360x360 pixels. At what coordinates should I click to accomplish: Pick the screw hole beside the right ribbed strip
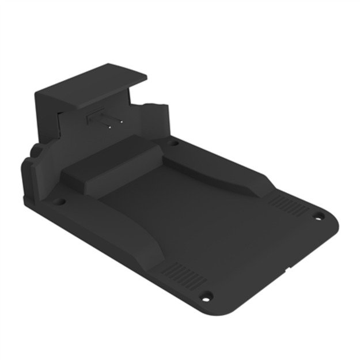click(x=317, y=217)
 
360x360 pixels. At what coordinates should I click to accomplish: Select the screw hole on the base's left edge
click(x=58, y=202)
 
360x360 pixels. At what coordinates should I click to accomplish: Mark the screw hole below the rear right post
click(x=173, y=142)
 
